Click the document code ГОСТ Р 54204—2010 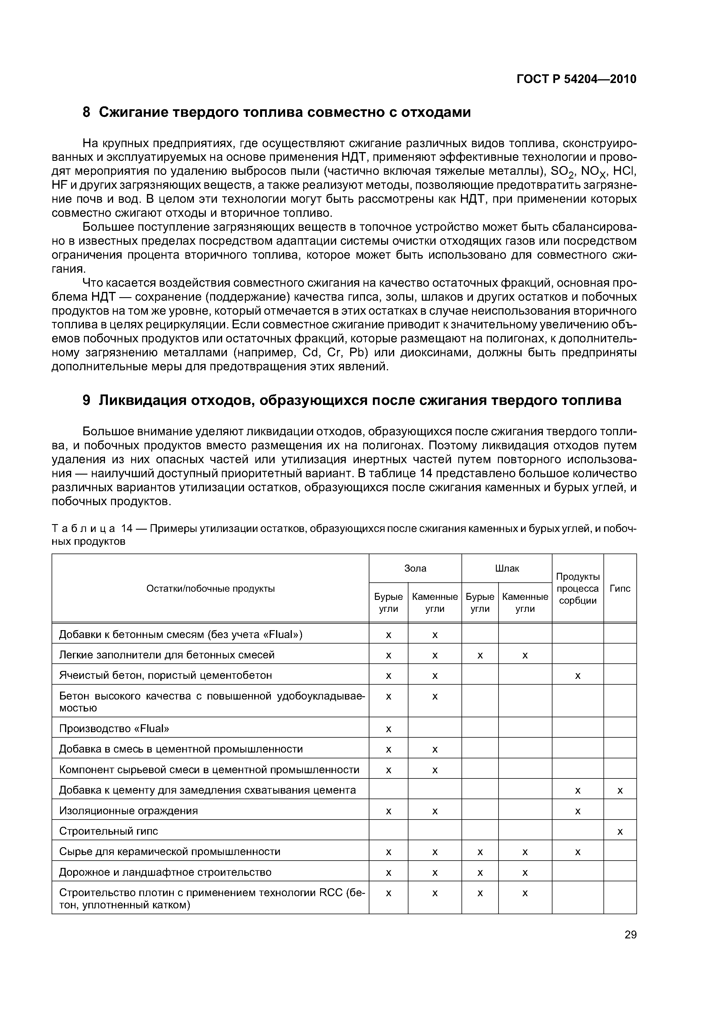(576, 79)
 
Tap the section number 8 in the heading (87, 112)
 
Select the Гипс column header (620, 588)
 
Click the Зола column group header (415, 568)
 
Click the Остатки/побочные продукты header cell (210, 588)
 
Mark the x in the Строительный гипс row (620, 831)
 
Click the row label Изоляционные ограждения (128, 810)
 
